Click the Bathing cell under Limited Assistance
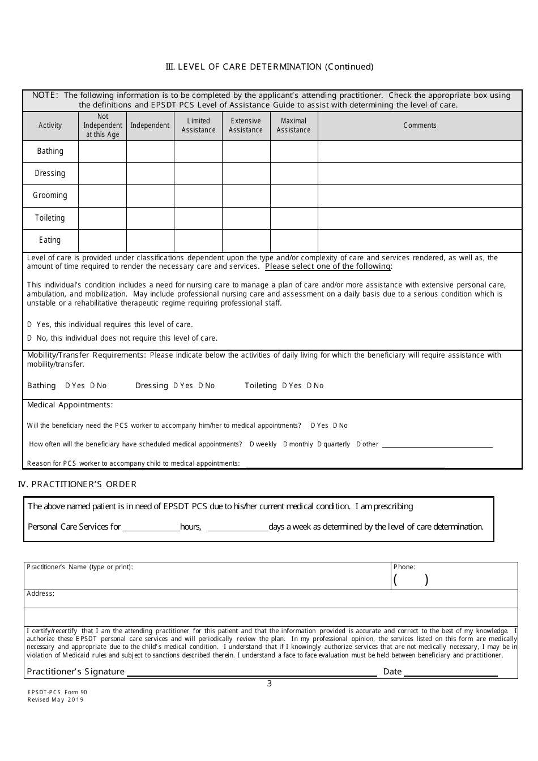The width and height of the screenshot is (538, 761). click(x=198, y=152)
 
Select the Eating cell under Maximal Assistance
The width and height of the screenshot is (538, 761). click(x=294, y=240)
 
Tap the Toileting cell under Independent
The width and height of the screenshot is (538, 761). click(x=150, y=218)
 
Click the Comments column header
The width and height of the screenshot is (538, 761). click(x=420, y=126)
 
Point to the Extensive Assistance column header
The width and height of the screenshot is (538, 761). click(x=246, y=126)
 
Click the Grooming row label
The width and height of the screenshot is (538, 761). click(x=50, y=196)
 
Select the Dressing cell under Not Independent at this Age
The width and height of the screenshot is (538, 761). click(x=103, y=174)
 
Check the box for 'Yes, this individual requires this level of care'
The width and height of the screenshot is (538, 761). click(x=29, y=325)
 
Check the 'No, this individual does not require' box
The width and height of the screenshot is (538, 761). click(x=29, y=338)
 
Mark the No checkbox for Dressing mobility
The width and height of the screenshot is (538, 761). click(x=200, y=386)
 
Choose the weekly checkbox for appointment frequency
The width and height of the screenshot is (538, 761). click(x=252, y=445)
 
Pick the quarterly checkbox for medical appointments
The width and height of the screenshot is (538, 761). click(x=319, y=445)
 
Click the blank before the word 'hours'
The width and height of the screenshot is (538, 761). click(x=151, y=527)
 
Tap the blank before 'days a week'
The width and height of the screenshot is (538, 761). click(x=238, y=527)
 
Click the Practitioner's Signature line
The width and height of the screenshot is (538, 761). click(x=252, y=672)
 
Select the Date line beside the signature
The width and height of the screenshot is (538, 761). click(x=451, y=672)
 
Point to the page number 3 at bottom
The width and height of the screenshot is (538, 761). click(x=270, y=683)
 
